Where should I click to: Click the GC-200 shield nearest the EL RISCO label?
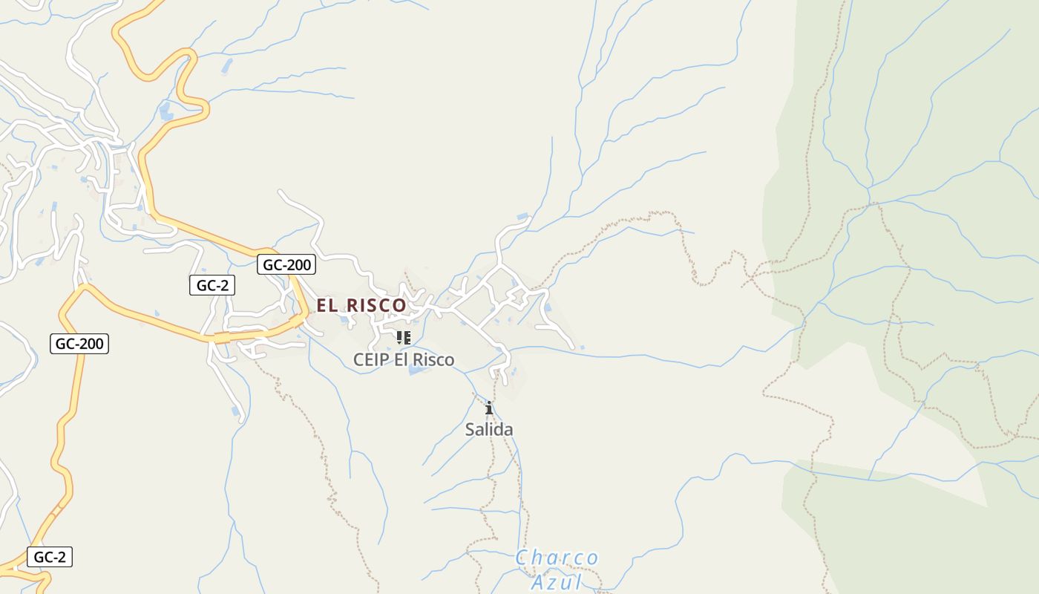point(286,264)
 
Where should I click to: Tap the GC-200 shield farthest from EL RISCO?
point(79,344)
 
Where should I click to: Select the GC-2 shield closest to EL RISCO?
point(212,285)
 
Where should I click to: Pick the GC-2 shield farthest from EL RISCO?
point(50,557)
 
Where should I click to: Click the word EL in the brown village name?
point(328,305)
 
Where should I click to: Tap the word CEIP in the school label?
point(370,360)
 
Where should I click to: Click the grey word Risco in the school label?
point(433,360)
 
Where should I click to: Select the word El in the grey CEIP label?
point(401,360)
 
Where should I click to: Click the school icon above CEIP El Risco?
point(404,338)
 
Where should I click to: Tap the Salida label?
point(489,429)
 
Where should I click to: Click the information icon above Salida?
point(489,408)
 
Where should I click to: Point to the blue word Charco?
point(557,558)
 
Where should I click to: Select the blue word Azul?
point(557,581)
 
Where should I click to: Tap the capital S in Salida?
point(471,429)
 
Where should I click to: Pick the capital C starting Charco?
point(522,558)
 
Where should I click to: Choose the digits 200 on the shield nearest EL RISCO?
point(298,264)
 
